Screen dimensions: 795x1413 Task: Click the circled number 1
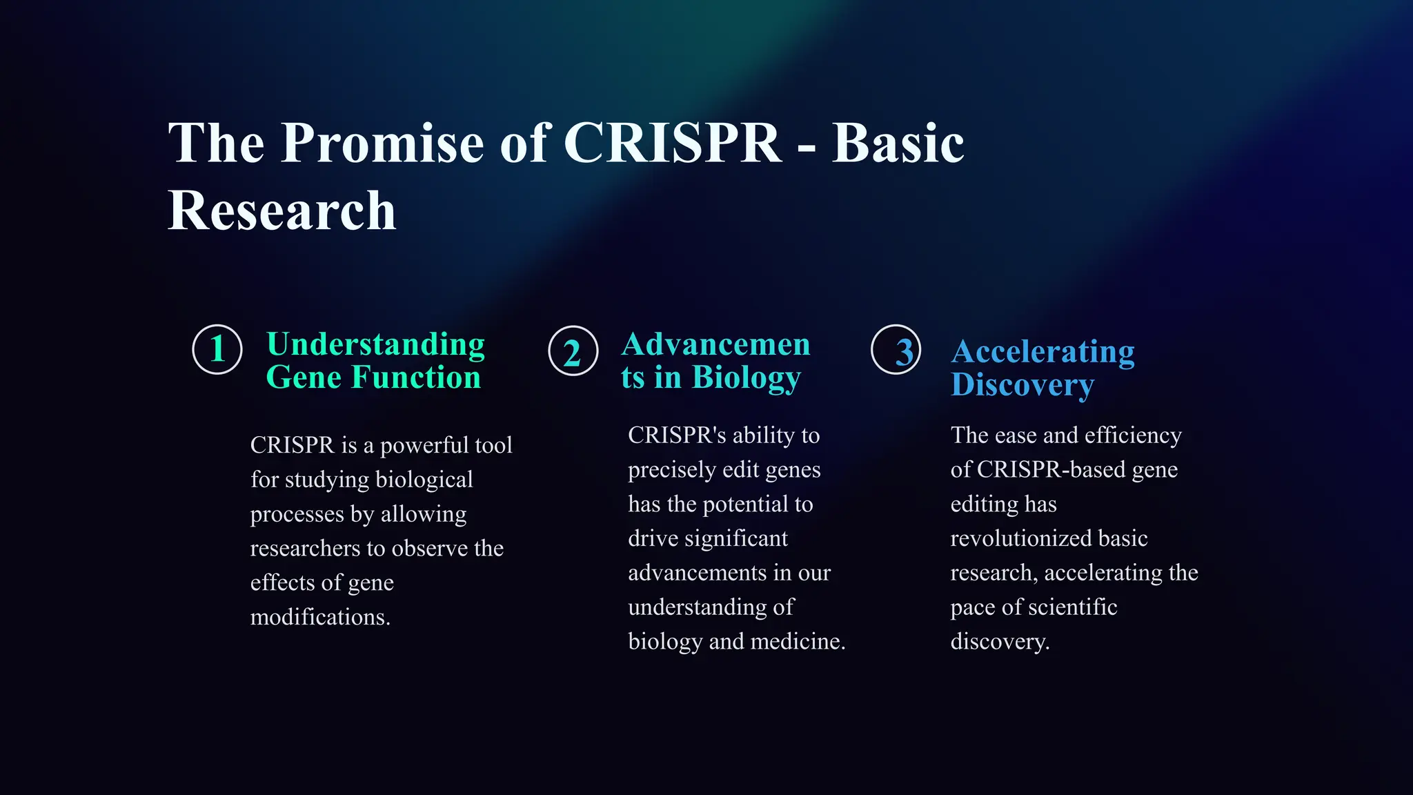[217, 349]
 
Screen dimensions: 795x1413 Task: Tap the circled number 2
[573, 351]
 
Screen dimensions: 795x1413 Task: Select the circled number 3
[896, 350]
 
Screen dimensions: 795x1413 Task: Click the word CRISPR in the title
[673, 143]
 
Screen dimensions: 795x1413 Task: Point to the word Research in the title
[282, 210]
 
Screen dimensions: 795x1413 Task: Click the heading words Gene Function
[373, 377]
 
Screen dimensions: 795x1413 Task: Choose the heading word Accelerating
[1043, 352]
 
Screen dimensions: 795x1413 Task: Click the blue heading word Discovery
[1022, 385]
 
